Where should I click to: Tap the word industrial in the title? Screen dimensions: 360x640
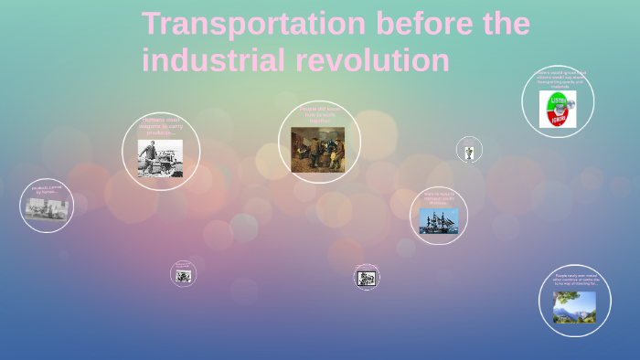pos(214,60)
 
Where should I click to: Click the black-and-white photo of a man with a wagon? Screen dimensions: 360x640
pos(160,158)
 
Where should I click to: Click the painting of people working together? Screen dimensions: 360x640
pos(318,150)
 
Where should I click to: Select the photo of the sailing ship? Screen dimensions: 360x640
pos(439,221)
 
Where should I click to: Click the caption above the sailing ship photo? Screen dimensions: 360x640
pos(439,198)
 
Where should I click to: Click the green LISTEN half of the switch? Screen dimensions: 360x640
pos(558,99)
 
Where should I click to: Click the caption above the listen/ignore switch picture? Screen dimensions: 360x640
pos(558,79)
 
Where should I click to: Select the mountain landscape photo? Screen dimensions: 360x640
pos(574,307)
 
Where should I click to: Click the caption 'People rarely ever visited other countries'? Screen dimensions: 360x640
pos(575,280)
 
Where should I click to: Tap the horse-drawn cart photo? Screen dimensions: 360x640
pos(46,209)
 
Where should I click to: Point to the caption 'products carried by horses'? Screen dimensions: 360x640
pos(47,191)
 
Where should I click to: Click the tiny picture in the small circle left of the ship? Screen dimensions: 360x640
pos(469,152)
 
